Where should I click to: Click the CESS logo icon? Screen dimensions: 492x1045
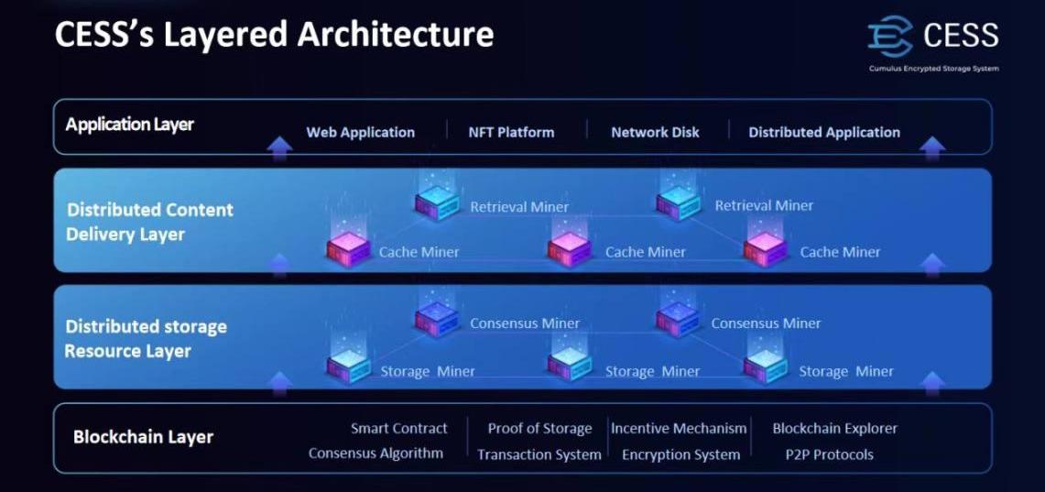coord(890,36)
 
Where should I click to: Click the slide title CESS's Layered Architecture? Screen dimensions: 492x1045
coord(274,35)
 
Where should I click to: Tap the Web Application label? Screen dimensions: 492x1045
coord(360,132)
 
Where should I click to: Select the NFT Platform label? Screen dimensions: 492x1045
coord(511,132)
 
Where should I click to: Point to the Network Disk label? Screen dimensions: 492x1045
coord(655,132)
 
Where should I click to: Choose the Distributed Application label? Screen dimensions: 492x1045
coord(824,132)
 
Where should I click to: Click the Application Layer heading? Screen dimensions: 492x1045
coord(129,124)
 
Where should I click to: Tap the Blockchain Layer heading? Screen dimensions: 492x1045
coord(143,437)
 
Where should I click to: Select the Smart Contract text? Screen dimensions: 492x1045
coord(398,428)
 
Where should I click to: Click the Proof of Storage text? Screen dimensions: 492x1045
coord(539,428)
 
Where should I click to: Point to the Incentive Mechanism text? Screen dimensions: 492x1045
coord(679,428)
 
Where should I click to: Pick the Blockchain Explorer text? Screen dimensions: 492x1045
coord(834,428)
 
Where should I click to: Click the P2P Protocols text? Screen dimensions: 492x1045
coord(829,454)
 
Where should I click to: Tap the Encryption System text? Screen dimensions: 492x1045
coord(680,454)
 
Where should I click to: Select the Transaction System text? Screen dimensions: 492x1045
coord(539,454)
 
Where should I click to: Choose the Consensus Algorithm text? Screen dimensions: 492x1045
coord(376,453)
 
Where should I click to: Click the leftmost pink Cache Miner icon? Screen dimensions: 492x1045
coord(349,248)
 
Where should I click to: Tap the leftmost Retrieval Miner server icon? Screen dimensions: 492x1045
coord(437,202)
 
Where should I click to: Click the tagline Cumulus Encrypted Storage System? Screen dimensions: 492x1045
coord(933,69)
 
